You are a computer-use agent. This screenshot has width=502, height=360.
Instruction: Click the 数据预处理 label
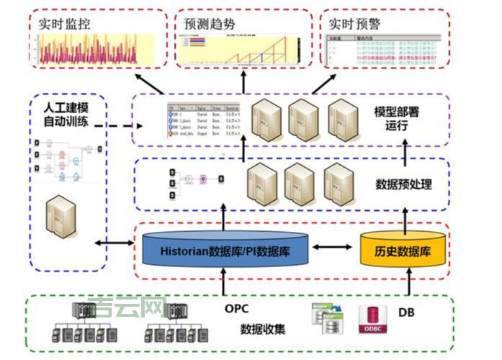click(x=404, y=184)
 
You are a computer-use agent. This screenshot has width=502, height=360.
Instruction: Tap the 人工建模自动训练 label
click(x=66, y=114)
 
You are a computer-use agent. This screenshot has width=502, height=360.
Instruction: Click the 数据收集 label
click(x=262, y=329)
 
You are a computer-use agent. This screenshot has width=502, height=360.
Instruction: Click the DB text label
click(x=406, y=312)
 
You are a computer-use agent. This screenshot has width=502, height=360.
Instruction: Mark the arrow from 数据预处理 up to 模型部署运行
click(x=244, y=150)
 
